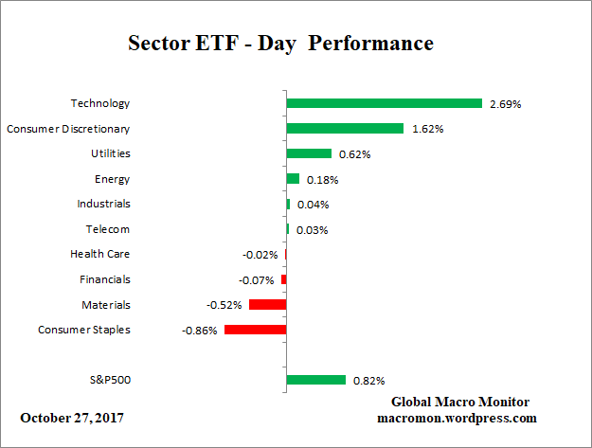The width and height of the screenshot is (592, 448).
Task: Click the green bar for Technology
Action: tap(384, 103)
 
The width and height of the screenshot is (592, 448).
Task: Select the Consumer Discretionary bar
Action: tap(345, 128)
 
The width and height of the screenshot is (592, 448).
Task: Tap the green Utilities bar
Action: tap(309, 153)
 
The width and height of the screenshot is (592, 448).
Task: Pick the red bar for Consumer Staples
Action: tap(255, 330)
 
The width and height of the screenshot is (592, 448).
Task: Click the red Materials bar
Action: tap(267, 304)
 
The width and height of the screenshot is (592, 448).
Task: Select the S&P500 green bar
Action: tap(315, 380)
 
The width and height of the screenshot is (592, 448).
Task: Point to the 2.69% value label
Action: tap(505, 103)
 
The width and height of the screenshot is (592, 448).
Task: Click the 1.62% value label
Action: tap(427, 129)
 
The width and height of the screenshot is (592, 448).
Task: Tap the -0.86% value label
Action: tap(200, 331)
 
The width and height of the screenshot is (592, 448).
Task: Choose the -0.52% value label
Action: tap(224, 305)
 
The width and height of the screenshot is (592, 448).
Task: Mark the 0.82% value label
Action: tap(368, 381)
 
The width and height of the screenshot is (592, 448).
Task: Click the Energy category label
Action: tap(113, 179)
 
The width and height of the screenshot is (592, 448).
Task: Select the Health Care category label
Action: tap(99, 254)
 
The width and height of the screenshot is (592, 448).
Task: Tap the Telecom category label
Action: tap(108, 229)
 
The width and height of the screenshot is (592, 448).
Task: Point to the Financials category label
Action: tap(105, 279)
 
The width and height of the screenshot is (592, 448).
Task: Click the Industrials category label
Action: tap(103, 204)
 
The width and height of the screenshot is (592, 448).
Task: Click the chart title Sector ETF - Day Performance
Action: tap(280, 44)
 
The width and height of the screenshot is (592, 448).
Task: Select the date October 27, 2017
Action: tap(71, 418)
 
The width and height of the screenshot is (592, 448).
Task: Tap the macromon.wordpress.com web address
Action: tap(457, 418)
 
